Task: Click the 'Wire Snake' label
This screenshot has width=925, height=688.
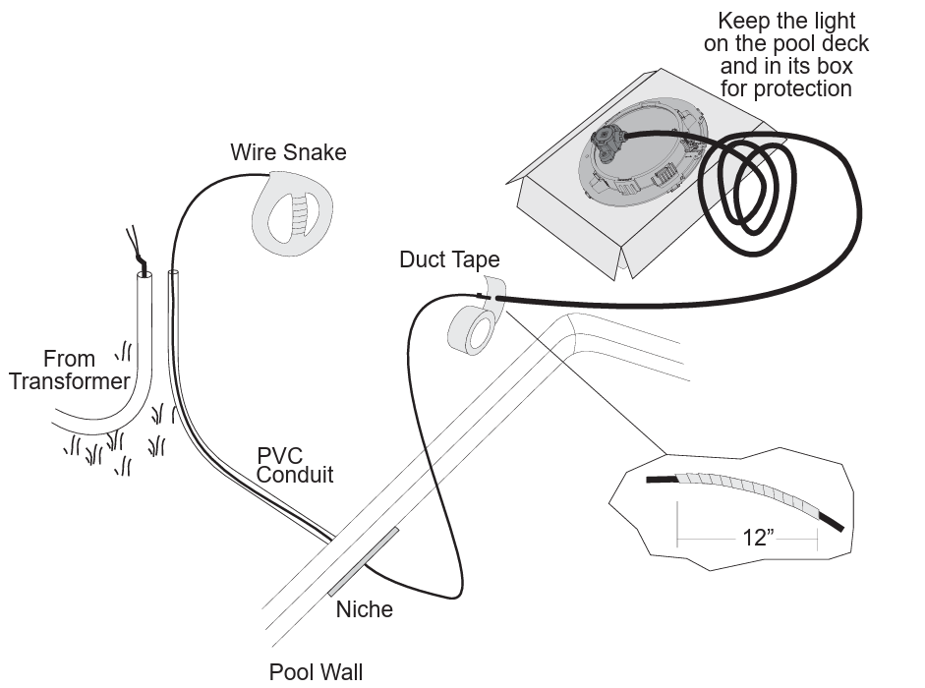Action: pyautogui.click(x=288, y=152)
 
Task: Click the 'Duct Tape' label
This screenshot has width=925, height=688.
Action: pyautogui.click(x=449, y=259)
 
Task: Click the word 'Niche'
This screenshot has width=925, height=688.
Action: pyautogui.click(x=364, y=609)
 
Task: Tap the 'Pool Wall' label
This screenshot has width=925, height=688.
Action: pyautogui.click(x=316, y=672)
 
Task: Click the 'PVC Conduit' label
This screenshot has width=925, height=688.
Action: pyautogui.click(x=294, y=465)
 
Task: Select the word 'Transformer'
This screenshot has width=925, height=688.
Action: pyautogui.click(x=70, y=381)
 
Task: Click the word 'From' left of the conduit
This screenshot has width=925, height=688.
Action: pyautogui.click(x=69, y=359)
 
